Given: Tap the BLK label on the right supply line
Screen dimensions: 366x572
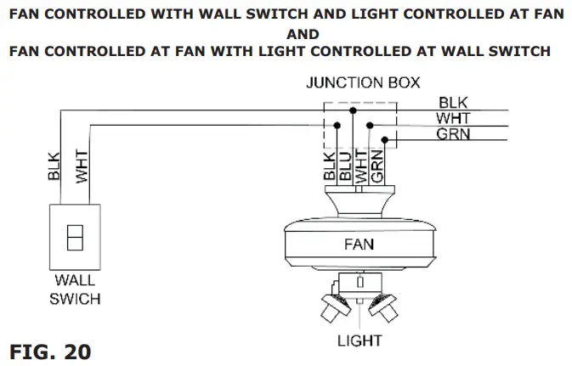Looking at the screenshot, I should pyautogui.click(x=453, y=103).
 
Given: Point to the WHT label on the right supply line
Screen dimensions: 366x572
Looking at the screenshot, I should pyautogui.click(x=454, y=118).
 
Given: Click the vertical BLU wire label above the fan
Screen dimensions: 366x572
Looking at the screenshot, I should pyautogui.click(x=344, y=163).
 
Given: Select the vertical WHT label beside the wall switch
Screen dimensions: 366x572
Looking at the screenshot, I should pyautogui.click(x=82, y=166).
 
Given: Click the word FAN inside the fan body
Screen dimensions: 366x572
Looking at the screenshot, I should pyautogui.click(x=359, y=244).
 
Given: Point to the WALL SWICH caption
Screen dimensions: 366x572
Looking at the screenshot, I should pyautogui.click(x=75, y=289).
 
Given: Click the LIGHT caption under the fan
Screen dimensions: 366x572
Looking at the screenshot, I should pyautogui.click(x=360, y=341).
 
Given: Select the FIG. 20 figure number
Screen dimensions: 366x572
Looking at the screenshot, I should pyautogui.click(x=50, y=350).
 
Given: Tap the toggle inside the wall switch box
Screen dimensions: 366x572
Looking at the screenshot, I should pyautogui.click(x=75, y=236).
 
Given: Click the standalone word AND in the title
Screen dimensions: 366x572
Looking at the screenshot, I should pyautogui.click(x=303, y=35).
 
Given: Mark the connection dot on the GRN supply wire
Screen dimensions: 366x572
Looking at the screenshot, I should pyautogui.click(x=385, y=139).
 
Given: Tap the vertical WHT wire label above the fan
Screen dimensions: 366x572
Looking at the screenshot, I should pyautogui.click(x=361, y=163).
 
